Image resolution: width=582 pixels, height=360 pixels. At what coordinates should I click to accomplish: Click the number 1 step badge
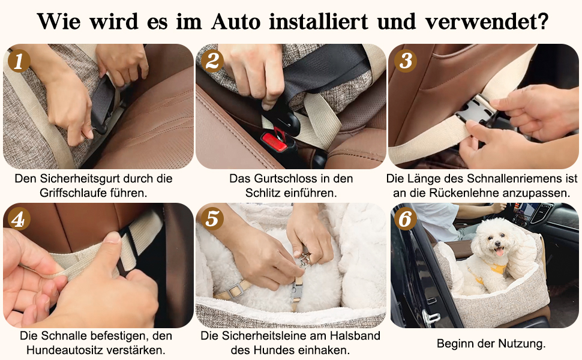[x=18, y=61]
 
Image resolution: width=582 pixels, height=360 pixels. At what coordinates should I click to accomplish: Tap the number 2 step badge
[x=212, y=61]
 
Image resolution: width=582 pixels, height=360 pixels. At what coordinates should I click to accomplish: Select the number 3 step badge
[x=406, y=61]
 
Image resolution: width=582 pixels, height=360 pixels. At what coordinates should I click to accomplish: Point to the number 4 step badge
[x=18, y=219]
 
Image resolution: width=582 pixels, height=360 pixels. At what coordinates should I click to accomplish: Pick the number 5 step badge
[x=212, y=219]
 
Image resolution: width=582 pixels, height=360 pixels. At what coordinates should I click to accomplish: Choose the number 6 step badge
[x=406, y=219]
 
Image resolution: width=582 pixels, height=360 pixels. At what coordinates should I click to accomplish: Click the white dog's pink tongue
[x=500, y=253]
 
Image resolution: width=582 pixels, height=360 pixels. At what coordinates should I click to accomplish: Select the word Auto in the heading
[x=236, y=22]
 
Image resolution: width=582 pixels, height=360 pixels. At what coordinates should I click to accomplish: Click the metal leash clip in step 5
[x=305, y=260]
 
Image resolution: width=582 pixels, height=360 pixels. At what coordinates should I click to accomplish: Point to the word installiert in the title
[x=319, y=22]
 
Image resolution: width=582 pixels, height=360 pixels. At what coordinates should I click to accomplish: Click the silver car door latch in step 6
[x=431, y=317]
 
